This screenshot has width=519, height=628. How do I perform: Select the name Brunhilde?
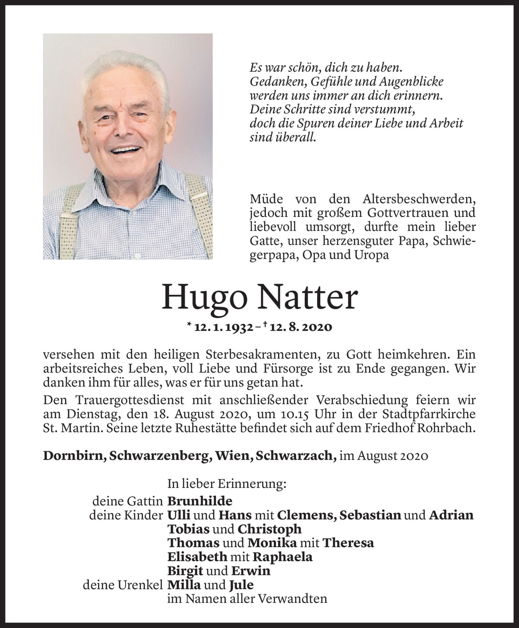pyautogui.click(x=200, y=501)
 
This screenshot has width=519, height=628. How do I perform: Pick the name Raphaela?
pyautogui.click(x=283, y=557)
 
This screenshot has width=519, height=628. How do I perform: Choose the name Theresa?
pyautogui.click(x=348, y=543)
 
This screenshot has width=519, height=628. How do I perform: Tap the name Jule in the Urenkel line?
pyautogui.click(x=241, y=585)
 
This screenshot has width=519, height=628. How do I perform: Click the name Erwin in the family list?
pyautogui.click(x=251, y=571)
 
